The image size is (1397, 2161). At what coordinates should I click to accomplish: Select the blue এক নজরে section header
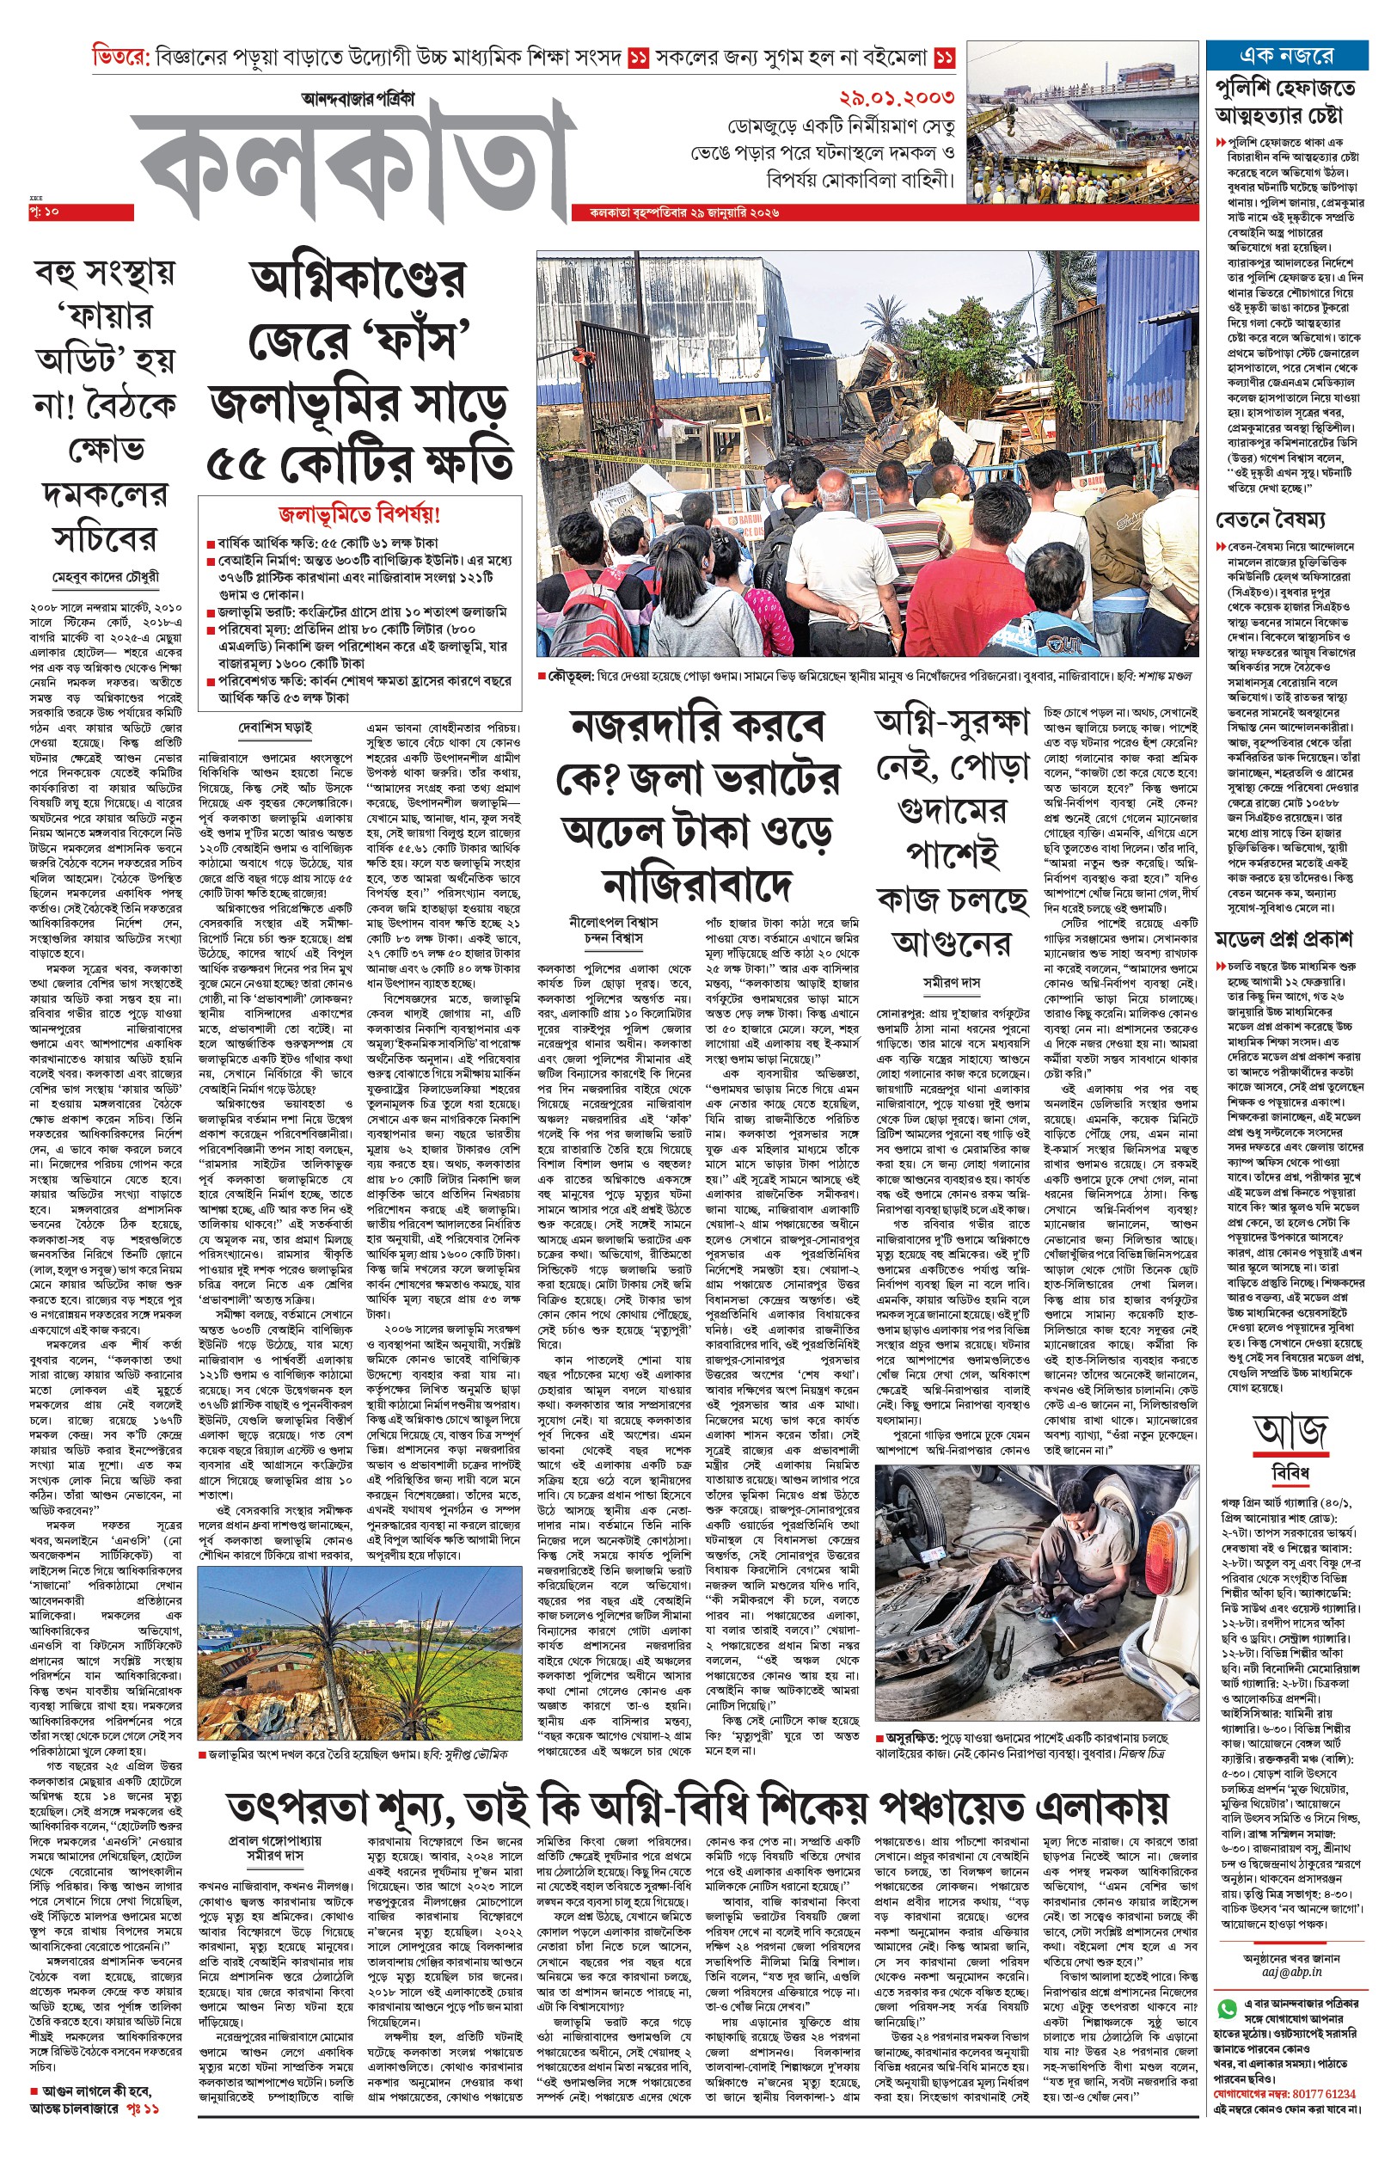pos(1286,56)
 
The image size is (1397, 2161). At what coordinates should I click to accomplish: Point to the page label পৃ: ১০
pos(44,212)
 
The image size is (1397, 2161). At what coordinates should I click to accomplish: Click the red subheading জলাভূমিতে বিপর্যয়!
pos(359,515)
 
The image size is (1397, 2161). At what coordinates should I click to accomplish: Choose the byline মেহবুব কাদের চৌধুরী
pos(106,577)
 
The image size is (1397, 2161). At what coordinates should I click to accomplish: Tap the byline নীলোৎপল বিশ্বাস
pos(613,922)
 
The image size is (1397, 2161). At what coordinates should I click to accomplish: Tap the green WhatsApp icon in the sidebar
pos(1228,2009)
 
